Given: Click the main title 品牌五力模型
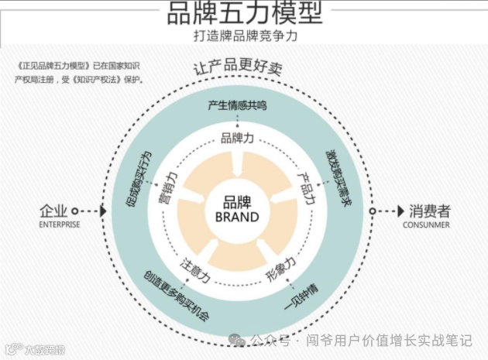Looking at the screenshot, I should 245,13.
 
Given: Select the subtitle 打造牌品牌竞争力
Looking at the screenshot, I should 245,36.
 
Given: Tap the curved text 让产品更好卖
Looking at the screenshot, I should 238,68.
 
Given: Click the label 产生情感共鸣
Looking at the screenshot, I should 238,106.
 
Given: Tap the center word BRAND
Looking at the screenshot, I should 237,218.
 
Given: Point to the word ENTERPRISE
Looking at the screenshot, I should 59,225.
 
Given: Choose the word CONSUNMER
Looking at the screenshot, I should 426,225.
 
